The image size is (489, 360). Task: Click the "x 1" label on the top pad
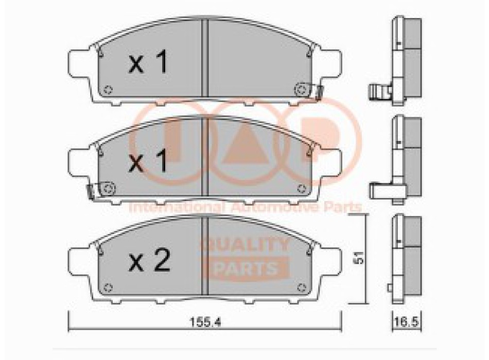(148, 64)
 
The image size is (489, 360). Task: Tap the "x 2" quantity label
(149, 262)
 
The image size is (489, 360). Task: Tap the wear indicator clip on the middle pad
(90, 191)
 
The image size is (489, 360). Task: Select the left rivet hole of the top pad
(108, 90)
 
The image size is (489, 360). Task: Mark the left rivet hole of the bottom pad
(108, 287)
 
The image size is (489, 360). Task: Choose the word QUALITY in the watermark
(244, 245)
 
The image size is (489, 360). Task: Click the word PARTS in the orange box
(245, 267)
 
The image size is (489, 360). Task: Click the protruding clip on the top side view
(378, 93)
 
